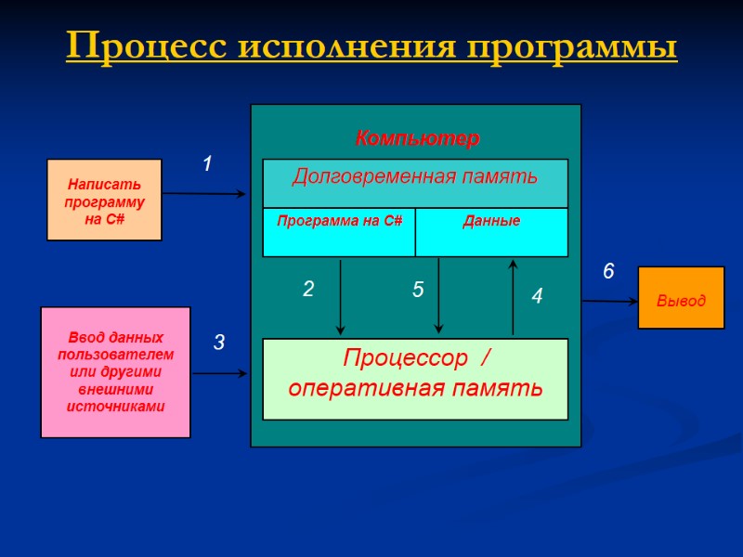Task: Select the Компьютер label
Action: pos(417,139)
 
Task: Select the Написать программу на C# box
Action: pos(104,200)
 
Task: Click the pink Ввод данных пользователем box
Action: pos(115,371)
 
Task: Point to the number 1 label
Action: pos(208,164)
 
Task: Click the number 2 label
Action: pos(308,290)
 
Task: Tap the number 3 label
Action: pos(219,343)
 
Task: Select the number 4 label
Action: pos(537,297)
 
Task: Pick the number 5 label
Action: pos(418,291)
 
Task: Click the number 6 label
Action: pos(608,272)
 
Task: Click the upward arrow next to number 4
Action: pos(513,297)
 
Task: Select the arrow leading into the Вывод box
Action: pos(609,301)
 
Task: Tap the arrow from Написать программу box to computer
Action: pos(204,194)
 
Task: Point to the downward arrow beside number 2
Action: pos(341,297)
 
